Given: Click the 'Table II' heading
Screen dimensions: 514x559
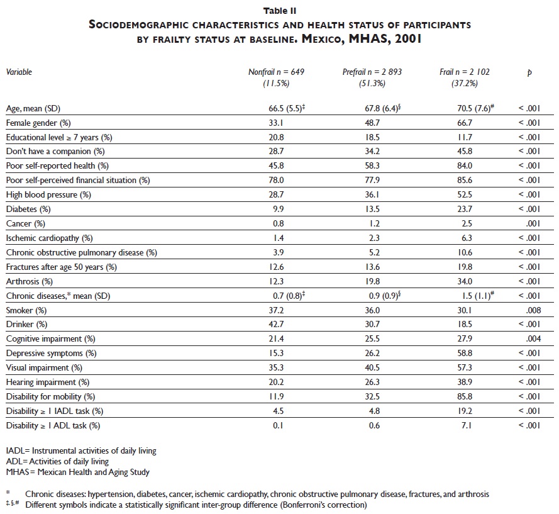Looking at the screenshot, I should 280,11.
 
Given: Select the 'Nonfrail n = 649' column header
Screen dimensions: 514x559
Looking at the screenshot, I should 277,72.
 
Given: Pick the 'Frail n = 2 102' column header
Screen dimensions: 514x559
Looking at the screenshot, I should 465,72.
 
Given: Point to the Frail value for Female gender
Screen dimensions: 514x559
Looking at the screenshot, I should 465,123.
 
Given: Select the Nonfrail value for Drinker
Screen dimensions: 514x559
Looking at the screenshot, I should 276,325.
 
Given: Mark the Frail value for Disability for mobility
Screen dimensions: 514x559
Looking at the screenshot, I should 465,397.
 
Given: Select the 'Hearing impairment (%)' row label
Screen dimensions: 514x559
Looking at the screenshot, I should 48,383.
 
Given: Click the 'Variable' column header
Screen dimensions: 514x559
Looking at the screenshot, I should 19,72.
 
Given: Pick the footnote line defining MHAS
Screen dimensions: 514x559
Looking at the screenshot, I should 77,472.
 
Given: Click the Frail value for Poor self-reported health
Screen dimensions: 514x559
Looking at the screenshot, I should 465,165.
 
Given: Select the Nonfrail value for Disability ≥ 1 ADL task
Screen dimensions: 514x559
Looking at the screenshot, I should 276,426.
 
